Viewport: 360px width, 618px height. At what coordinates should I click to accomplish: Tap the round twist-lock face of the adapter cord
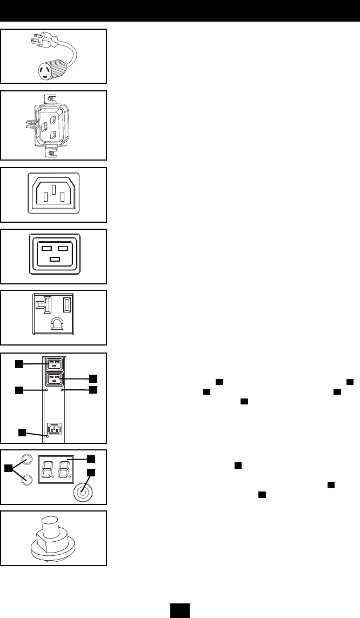pyautogui.click(x=50, y=71)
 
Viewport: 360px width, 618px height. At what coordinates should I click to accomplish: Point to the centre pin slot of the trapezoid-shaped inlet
pyautogui.click(x=54, y=191)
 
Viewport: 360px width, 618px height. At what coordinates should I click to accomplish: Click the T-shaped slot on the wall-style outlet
pyautogui.click(x=41, y=305)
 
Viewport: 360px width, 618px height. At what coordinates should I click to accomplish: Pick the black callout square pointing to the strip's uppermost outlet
pyautogui.click(x=19, y=364)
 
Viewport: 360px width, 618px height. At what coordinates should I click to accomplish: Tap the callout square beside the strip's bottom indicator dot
pyautogui.click(x=22, y=432)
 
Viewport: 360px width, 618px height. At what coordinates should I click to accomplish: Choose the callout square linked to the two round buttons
pyautogui.click(x=8, y=468)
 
